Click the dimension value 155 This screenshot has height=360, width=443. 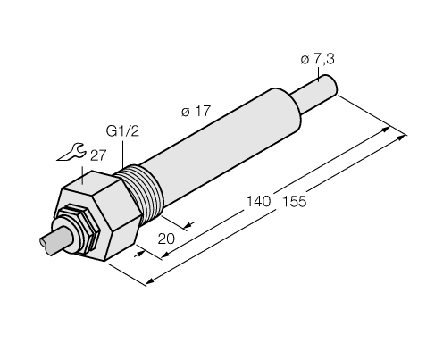point(291,201)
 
